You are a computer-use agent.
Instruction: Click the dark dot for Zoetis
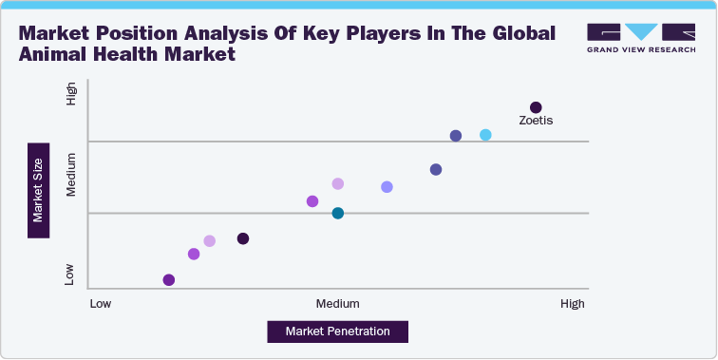point(536,107)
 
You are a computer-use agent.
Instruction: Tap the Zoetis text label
point(536,121)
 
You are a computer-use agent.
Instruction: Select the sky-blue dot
point(485,136)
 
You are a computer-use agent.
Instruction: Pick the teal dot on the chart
point(337,213)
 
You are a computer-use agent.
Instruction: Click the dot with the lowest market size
point(169,279)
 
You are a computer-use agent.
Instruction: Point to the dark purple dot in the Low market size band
point(243,238)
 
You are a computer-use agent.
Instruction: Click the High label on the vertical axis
point(70,94)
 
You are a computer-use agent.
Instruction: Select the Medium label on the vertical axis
point(70,177)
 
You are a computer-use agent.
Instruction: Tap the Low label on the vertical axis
point(70,275)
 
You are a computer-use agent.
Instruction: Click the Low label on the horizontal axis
point(100,304)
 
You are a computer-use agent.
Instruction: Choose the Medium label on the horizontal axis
point(337,304)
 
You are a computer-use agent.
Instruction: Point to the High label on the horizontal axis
point(573,304)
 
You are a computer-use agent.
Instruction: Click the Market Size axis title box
point(38,190)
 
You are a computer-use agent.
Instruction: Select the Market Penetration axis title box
point(338,332)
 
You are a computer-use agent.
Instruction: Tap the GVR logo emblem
point(640,30)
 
